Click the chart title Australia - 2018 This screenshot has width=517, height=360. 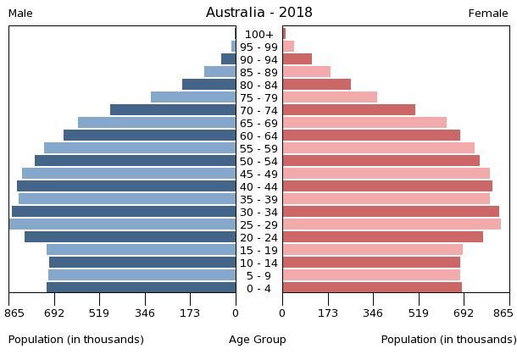point(258,13)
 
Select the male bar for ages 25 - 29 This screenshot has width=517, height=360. point(122,224)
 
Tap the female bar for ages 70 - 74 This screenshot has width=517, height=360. point(348,110)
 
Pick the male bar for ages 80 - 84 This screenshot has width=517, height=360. point(208,85)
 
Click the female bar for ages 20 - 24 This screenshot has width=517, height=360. point(382,237)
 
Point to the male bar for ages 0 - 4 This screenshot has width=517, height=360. point(141,288)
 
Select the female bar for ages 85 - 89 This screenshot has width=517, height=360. point(306,72)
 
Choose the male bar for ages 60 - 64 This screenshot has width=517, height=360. point(149,136)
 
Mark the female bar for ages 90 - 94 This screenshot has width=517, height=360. point(297,59)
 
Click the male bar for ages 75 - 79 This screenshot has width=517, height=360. point(193,97)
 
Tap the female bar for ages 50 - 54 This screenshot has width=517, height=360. point(381,161)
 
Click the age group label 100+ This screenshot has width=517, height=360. point(258,35)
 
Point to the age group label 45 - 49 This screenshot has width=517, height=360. point(258,174)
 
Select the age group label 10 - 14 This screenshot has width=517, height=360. point(258,263)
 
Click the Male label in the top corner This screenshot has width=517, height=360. point(20,14)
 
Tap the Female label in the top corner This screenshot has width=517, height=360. point(487,14)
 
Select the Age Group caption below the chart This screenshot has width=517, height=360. point(258,340)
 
